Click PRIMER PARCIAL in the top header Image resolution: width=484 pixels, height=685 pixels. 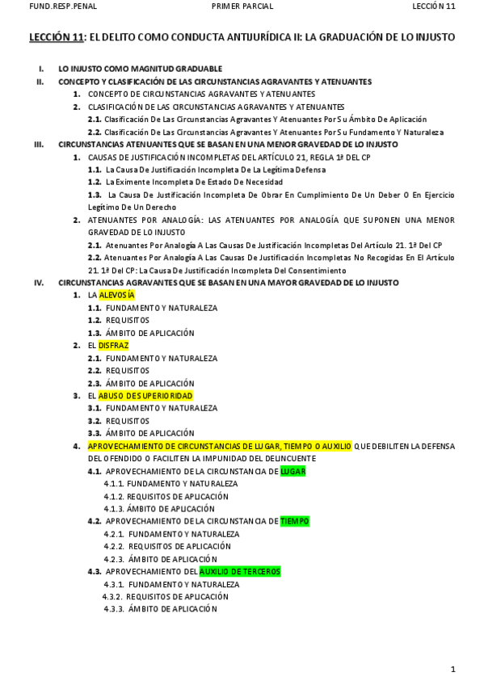(242, 6)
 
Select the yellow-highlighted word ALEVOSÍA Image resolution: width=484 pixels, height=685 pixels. (116, 296)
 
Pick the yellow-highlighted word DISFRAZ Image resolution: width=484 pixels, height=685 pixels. (114, 346)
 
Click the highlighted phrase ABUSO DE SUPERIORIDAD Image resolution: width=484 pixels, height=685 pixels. (145, 396)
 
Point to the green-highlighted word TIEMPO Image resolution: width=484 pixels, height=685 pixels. (294, 521)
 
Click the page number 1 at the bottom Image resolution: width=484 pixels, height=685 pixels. (453, 669)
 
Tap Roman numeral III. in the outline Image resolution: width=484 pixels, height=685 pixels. (39, 145)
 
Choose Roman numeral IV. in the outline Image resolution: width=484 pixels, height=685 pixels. (39, 283)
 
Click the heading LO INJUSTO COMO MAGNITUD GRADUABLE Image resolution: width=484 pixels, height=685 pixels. (140, 69)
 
